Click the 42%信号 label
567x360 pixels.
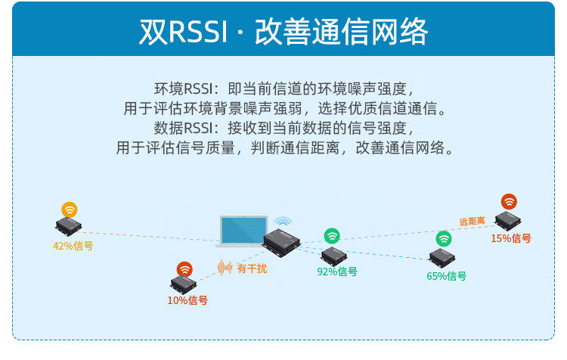point(73,246)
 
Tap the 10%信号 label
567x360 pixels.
point(187,300)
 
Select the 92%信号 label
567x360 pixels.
point(337,272)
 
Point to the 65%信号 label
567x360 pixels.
point(446,276)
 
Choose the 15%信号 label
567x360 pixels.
point(510,238)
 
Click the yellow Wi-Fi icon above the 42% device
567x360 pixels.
point(69,209)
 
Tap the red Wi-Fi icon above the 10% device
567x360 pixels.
point(184,269)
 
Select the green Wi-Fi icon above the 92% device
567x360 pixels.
point(332,236)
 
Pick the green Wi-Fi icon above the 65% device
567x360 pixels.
point(443,239)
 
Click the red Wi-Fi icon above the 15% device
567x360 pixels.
point(509,201)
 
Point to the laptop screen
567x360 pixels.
point(243,230)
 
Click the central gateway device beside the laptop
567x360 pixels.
point(281,243)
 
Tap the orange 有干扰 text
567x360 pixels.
point(252,268)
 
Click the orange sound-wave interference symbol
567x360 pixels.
point(225,268)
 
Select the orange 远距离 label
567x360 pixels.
point(472,221)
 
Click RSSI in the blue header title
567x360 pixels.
point(198,32)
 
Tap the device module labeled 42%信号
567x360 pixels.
point(68,226)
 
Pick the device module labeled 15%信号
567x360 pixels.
point(508,220)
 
